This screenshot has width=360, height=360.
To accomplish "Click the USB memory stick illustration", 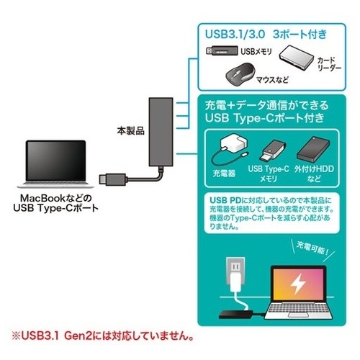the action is pos(222,50).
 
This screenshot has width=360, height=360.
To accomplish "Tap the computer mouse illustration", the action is pos(240,74).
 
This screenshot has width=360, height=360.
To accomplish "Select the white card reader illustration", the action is pos(297,58).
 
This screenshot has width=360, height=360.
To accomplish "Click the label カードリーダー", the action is pos(329,64).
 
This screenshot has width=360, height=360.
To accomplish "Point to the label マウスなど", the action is pos(272,79).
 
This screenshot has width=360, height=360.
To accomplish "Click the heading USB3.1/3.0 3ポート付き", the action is pos(266,34).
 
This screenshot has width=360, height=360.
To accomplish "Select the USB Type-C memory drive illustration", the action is pos(273,151).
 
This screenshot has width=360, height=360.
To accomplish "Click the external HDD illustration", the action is pos(313,150).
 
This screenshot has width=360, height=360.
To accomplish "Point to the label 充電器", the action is pos(224,174).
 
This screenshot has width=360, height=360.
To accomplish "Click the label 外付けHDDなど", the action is pos(314,174).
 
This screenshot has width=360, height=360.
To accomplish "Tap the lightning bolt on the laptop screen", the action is pos(297,284).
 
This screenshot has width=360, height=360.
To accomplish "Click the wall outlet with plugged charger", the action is pos(235,274).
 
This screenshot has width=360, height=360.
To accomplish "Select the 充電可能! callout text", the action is pos(312,248).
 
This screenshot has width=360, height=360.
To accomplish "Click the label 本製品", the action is pos(130,131).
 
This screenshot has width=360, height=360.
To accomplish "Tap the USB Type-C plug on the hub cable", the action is pos(112,179).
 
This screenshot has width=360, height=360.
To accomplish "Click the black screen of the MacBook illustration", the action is pos(55,161).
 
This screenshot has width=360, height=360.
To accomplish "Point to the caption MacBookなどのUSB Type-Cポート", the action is pos(55,203).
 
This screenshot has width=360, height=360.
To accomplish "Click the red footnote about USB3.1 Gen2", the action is pos(103,336).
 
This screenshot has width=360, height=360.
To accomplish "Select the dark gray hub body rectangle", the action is pos(161,132).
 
